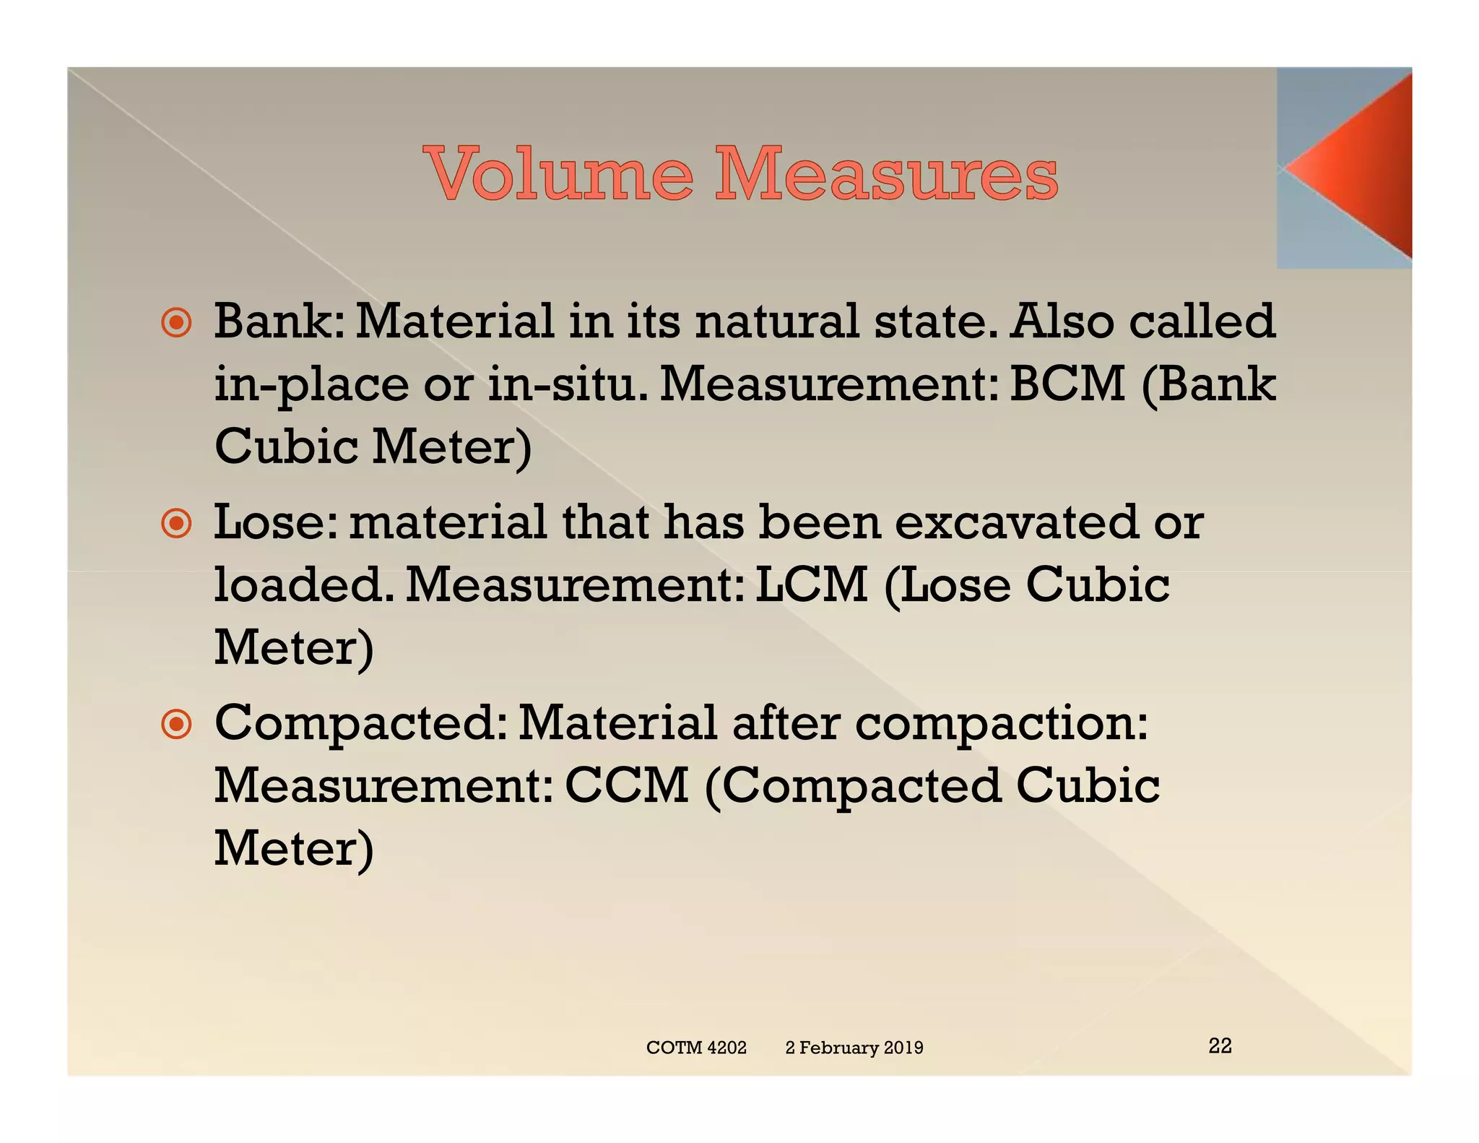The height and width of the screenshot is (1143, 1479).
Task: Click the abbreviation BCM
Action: click(1067, 384)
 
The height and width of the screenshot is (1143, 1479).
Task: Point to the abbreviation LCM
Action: click(811, 585)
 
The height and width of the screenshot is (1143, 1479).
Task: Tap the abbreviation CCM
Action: click(626, 785)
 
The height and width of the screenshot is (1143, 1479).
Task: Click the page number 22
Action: click(1220, 1045)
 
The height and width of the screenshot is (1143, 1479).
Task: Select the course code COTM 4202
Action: click(696, 1048)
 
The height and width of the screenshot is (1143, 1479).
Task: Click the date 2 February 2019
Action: click(854, 1048)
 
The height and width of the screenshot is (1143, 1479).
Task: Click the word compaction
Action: click(1000, 725)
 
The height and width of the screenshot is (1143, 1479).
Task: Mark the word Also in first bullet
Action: click(1061, 322)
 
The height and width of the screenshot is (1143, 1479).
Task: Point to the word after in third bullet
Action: click(786, 724)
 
